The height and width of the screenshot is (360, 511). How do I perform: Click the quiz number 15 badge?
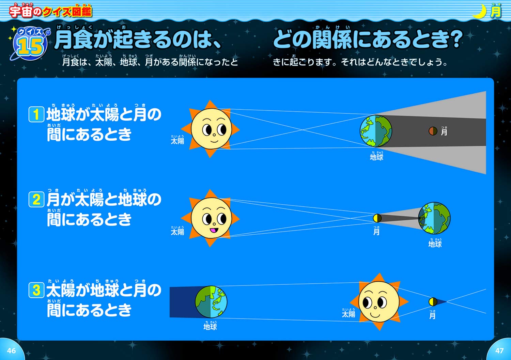coord(30,44)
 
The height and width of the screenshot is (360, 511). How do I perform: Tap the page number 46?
coord(11,350)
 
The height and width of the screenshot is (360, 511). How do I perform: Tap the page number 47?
coord(499,350)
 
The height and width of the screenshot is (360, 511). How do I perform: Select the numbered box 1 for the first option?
coord(36,114)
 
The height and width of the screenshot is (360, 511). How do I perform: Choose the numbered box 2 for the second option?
coord(36,200)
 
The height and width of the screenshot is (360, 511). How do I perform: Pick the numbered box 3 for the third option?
coord(36,290)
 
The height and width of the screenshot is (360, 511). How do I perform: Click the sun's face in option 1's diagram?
coord(211,129)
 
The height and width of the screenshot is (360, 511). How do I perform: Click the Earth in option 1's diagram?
coord(376,131)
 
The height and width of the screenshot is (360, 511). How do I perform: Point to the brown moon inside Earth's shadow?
coord(433,131)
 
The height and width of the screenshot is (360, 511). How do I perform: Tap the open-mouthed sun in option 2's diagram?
coord(211,218)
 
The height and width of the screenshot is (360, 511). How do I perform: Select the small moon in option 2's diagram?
coord(377,218)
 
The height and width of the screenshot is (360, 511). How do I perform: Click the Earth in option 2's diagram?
coord(434,218)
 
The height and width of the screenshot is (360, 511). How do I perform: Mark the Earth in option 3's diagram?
coord(211,302)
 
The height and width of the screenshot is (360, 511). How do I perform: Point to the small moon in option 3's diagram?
coord(433,302)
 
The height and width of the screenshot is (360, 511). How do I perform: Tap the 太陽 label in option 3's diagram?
coord(348,314)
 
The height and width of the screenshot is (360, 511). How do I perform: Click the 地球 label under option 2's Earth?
coord(435,244)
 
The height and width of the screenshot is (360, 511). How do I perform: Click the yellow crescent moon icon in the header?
coord(480,12)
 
